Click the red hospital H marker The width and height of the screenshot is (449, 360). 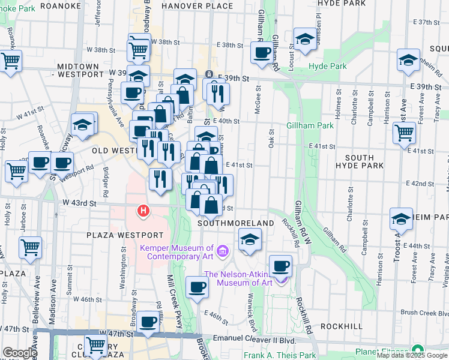pos(143,211)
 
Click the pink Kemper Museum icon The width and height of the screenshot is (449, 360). pos(222,250)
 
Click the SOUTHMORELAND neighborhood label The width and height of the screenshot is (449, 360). pos(236,223)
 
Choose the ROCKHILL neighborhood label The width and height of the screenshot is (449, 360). pos(341,326)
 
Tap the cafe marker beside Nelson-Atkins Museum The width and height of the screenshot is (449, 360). pos(280,265)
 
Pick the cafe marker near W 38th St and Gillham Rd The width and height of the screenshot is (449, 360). pos(262,52)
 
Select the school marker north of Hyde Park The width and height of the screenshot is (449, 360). pos(305,39)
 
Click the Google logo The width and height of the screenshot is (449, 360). pos(20,353)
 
